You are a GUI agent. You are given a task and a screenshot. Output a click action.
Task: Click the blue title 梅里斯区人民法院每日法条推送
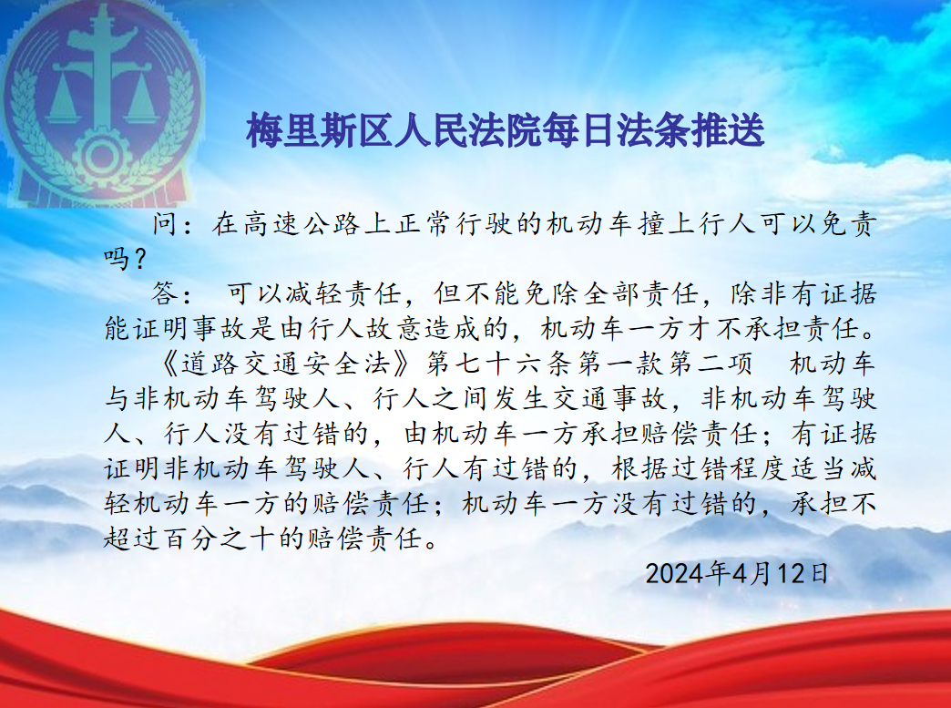coord(505,130)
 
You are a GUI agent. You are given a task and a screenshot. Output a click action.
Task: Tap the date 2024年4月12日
coord(737,573)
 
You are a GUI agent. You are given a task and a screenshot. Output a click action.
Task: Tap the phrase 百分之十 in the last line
coord(224,539)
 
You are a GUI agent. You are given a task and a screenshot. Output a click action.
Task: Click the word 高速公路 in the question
coord(303,224)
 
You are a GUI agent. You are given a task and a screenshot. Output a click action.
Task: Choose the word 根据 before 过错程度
coord(640,469)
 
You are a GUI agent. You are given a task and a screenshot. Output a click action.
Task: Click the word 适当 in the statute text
coord(819,469)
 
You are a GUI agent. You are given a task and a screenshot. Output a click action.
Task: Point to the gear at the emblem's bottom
coord(101,156)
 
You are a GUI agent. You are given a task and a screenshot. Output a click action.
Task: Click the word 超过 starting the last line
coord(133,539)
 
